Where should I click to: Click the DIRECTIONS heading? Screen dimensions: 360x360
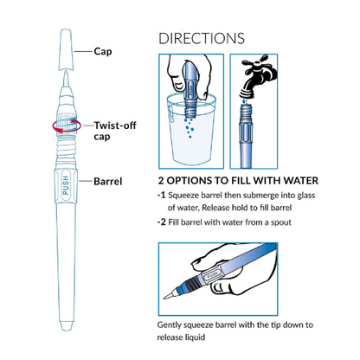pyautogui.click(x=202, y=39)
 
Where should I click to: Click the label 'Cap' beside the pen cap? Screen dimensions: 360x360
pyautogui.click(x=103, y=52)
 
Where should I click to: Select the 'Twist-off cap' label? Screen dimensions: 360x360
pyautogui.click(x=115, y=131)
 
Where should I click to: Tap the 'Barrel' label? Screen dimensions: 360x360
pyautogui.click(x=108, y=182)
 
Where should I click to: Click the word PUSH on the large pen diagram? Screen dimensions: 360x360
pyautogui.click(x=66, y=185)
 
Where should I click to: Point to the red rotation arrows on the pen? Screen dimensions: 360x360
pyautogui.click(x=67, y=126)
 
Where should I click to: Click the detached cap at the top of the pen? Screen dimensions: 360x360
pyautogui.click(x=66, y=49)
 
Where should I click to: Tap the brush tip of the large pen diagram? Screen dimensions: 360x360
pyautogui.click(x=66, y=79)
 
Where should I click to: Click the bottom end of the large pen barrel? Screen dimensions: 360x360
pyautogui.click(x=66, y=326)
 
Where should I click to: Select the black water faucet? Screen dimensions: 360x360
pyautogui.click(x=257, y=76)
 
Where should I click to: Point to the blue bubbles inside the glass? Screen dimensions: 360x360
pyautogui.click(x=189, y=127)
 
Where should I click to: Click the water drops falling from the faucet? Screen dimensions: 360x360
pyautogui.click(x=245, y=101)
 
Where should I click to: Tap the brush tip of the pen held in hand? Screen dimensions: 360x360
pyautogui.click(x=169, y=295)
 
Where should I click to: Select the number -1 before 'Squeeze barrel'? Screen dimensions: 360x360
pyautogui.click(x=162, y=196)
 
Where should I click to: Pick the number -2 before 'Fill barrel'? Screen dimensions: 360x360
pyautogui.click(x=162, y=222)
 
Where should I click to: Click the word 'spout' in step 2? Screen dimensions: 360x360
pyautogui.click(x=281, y=222)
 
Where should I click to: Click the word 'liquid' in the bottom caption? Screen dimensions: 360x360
pyautogui.click(x=196, y=337)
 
